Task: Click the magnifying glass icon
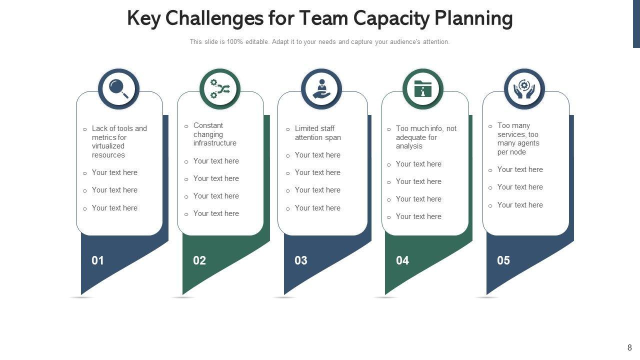118,89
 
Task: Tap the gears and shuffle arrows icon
220,89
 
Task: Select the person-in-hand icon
321,89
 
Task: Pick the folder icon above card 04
423,89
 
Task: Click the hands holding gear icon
524,89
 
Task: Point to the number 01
98,260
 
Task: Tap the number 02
199,260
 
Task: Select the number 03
301,260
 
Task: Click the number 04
402,260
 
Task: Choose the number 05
503,260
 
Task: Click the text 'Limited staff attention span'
317,133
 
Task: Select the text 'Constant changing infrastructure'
214,134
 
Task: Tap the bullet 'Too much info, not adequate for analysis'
426,137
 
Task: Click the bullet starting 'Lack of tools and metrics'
119,141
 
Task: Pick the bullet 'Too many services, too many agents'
518,139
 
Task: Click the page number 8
629,347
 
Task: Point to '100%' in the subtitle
234,42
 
